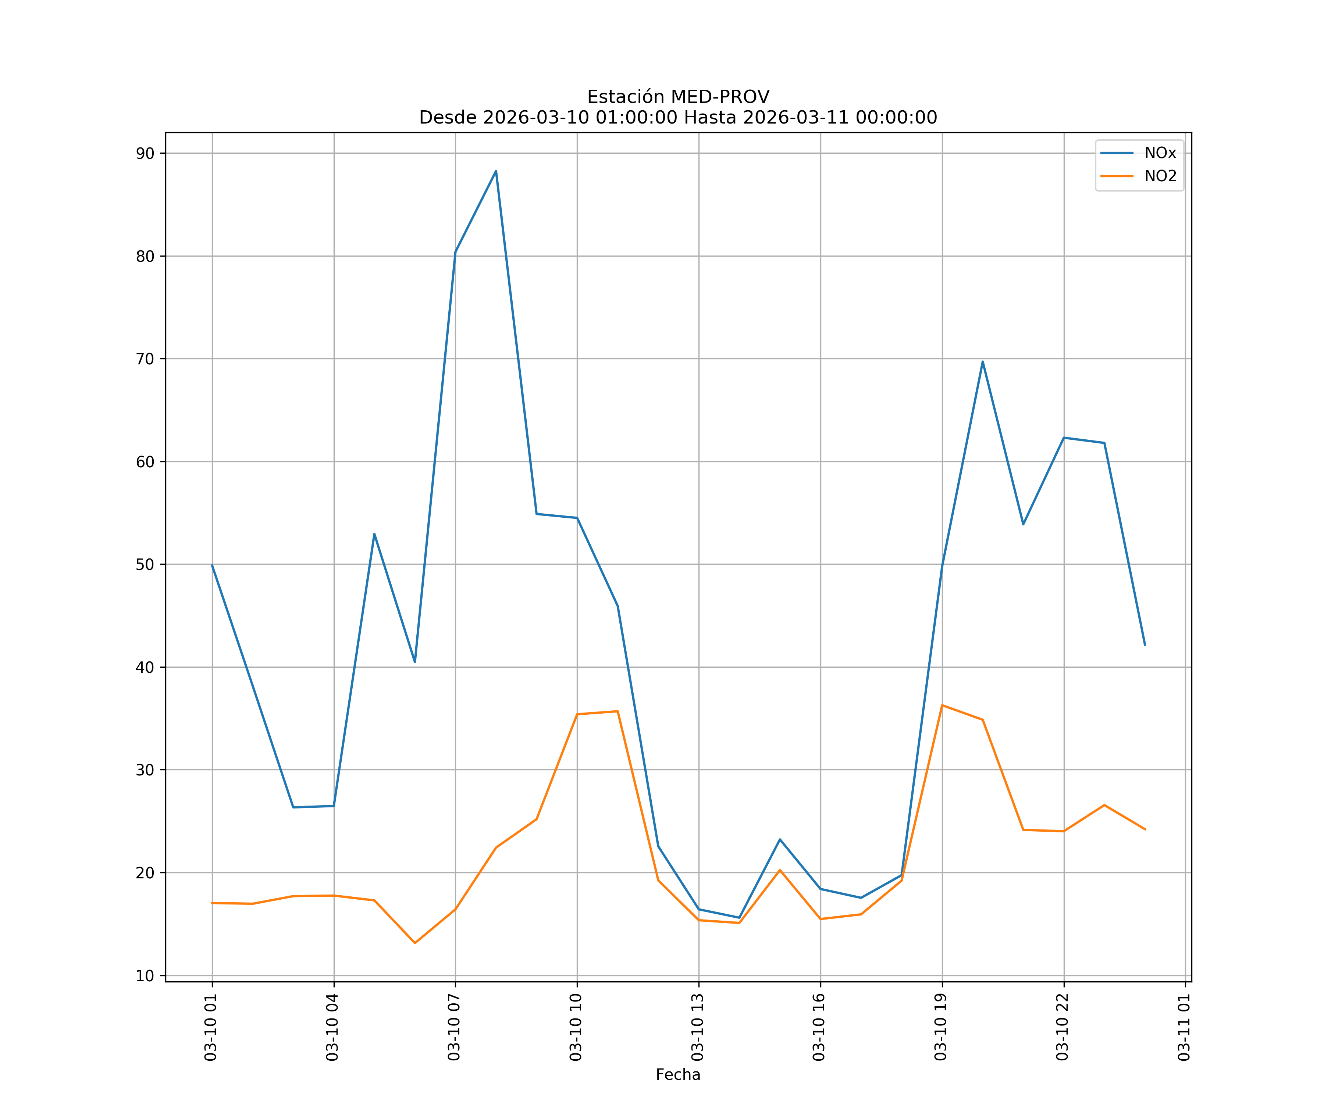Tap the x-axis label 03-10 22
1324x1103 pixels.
click(1063, 1027)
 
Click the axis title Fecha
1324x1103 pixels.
click(678, 1075)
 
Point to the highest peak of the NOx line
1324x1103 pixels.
click(495, 171)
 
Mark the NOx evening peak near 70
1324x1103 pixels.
click(982, 362)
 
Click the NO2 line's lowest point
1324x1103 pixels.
click(415, 943)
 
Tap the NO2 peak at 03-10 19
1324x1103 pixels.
click(942, 705)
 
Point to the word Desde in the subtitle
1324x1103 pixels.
click(448, 118)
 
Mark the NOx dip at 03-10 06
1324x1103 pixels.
click(415, 662)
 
